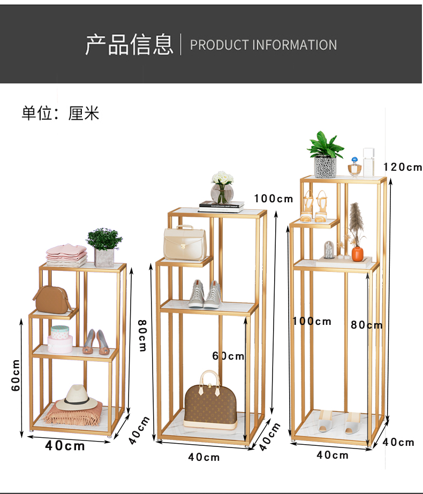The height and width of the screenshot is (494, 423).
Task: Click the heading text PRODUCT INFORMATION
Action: point(263,44)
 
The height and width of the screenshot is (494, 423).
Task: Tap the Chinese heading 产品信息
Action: point(129,44)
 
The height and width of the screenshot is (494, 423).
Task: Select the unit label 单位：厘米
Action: point(61,113)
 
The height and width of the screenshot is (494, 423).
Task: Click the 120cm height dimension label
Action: point(403,167)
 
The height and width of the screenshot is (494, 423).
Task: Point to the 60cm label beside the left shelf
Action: point(17,375)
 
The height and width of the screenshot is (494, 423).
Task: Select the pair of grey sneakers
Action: point(205,294)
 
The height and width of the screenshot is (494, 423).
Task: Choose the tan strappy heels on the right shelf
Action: point(314,206)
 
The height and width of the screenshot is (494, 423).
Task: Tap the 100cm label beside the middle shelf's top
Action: point(274,199)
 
